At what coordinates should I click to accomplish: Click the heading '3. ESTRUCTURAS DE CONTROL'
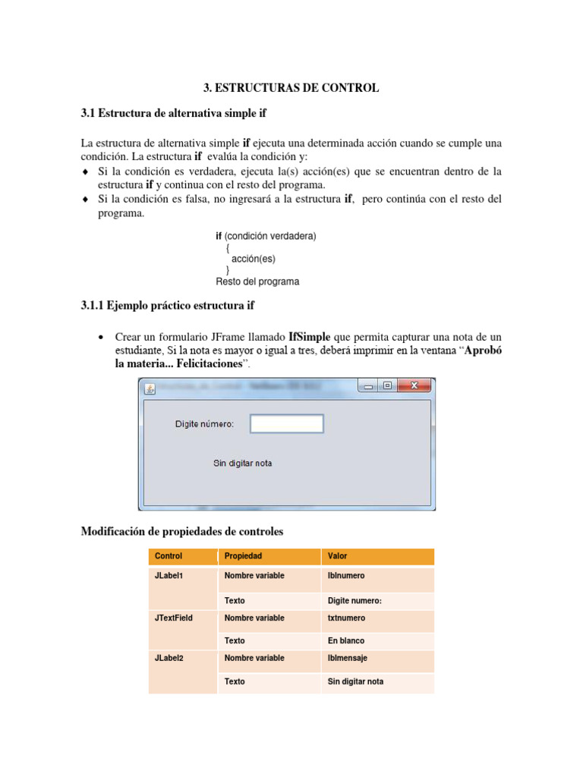click(x=291, y=88)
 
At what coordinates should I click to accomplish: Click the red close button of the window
click(x=414, y=386)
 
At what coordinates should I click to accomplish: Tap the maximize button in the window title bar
click(x=388, y=386)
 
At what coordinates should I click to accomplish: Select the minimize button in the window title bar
click(x=369, y=386)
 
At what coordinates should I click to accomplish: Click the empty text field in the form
click(x=287, y=423)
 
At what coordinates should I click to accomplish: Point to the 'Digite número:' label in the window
click(x=204, y=424)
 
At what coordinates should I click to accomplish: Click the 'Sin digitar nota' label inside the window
click(x=242, y=463)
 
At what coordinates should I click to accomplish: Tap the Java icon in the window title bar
click(x=150, y=388)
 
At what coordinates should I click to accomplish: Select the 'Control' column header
click(x=169, y=556)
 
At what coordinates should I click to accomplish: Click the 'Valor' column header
click(x=337, y=556)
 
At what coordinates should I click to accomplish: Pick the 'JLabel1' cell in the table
click(x=169, y=576)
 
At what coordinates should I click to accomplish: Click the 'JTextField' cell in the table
click(x=174, y=618)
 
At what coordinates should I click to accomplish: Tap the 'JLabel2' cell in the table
click(x=169, y=659)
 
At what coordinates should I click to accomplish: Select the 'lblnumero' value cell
click(x=346, y=576)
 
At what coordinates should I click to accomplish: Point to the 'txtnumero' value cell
click(x=347, y=618)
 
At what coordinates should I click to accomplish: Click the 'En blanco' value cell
click(x=346, y=641)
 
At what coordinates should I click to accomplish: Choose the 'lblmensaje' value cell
click(x=348, y=659)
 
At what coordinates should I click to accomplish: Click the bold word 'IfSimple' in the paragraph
click(x=315, y=336)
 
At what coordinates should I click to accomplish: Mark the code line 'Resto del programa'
click(x=257, y=282)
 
